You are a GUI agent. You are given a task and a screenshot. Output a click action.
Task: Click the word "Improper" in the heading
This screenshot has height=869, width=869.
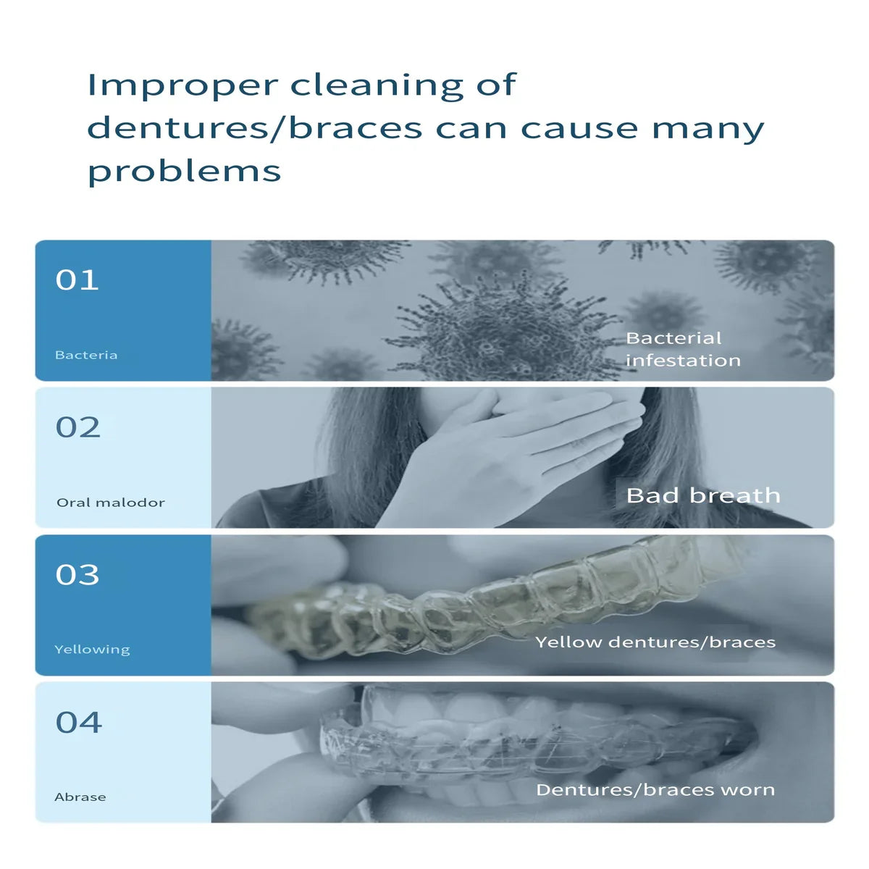[182, 85]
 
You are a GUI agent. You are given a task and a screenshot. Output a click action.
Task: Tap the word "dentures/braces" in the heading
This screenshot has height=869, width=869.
[255, 128]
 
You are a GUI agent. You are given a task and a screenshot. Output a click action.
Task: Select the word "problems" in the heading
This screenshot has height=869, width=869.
[185, 172]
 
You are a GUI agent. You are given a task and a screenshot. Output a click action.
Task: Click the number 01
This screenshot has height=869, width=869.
[77, 280]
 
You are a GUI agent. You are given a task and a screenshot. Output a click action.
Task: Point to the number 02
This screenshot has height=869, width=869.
[77, 427]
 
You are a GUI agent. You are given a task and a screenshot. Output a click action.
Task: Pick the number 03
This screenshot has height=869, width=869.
[77, 574]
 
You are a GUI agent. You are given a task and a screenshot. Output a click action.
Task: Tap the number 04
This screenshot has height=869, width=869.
[78, 723]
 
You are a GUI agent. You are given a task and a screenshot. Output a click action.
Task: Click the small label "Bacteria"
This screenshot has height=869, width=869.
[86, 355]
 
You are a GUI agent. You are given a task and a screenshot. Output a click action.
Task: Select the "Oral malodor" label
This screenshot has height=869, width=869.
[111, 503]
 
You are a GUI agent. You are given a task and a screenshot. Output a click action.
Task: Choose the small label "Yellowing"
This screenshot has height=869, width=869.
[92, 650]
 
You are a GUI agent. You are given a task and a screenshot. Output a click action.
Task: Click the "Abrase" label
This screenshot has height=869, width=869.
[80, 797]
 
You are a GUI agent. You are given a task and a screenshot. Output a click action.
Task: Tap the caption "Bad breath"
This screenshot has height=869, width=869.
[703, 495]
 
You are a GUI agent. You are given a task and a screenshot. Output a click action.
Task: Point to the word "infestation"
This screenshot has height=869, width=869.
[683, 361]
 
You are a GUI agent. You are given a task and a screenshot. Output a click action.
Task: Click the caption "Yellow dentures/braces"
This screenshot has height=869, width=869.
[655, 642]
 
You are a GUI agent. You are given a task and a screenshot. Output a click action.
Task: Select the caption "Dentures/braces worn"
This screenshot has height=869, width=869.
[655, 789]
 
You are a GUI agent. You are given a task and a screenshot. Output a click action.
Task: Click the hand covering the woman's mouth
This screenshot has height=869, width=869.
[510, 456]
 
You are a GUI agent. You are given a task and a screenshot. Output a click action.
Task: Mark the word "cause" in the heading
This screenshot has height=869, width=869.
[579, 128]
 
